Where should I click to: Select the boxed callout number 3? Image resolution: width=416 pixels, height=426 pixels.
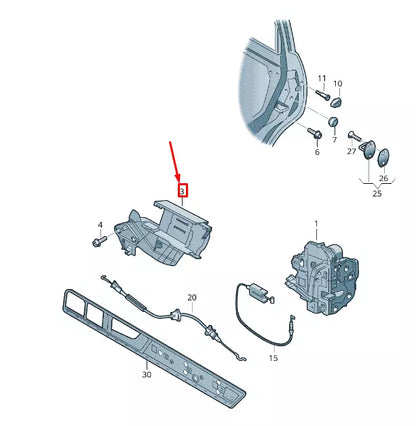coord(182,189)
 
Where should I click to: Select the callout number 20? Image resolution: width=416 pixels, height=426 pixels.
coord(192,297)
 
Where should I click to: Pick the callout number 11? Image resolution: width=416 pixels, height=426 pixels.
coord(321,78)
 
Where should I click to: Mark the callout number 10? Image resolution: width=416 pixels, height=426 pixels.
coord(337,84)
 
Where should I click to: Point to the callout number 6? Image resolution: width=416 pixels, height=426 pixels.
coord(316,152)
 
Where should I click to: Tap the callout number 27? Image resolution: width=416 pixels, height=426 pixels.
coord(351,150)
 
